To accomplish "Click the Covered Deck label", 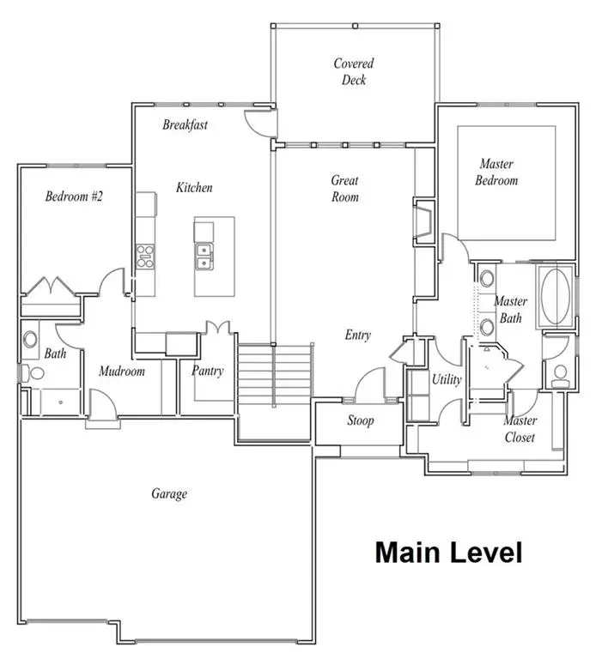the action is [x=353, y=71].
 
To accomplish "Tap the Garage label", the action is [x=169, y=493].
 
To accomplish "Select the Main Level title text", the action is [x=448, y=553].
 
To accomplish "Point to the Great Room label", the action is [x=344, y=189].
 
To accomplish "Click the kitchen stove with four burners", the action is [x=145, y=257].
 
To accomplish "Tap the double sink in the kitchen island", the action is [x=204, y=257].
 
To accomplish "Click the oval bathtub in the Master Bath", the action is [x=556, y=296].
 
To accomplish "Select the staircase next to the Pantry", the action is [x=276, y=374].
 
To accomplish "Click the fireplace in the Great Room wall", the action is [x=424, y=221].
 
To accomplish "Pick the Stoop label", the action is [x=361, y=420].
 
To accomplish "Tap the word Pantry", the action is [x=208, y=371].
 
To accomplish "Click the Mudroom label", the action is [x=122, y=371].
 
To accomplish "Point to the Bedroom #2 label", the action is [x=74, y=196].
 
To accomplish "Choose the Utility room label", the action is [x=447, y=379].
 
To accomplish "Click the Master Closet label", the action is [x=520, y=429].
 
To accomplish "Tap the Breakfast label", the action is [x=185, y=124].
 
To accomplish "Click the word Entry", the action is [x=357, y=335].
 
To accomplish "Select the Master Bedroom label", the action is [x=496, y=172].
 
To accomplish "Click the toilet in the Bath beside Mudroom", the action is [x=32, y=373].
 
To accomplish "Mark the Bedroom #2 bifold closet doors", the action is [x=50, y=286].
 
